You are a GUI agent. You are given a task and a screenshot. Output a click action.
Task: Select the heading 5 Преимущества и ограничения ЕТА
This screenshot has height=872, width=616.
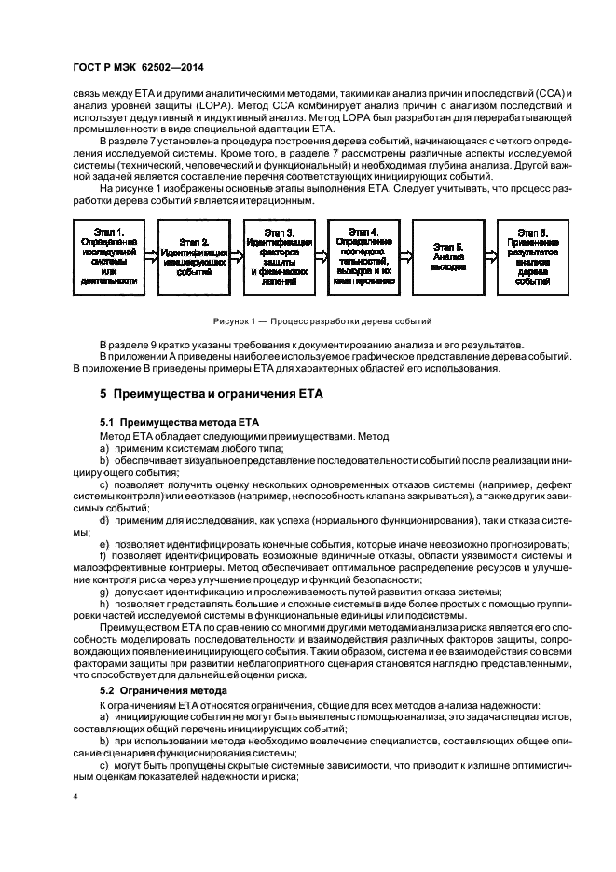tap(211, 394)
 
